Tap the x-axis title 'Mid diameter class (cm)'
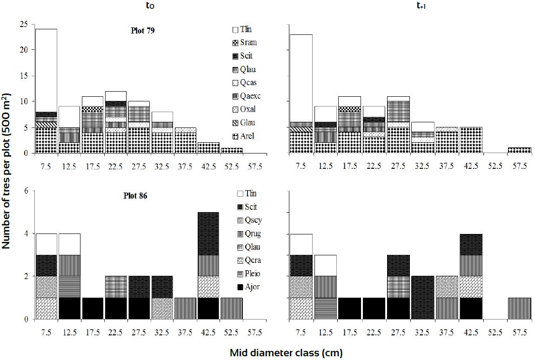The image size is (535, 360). point(286,353)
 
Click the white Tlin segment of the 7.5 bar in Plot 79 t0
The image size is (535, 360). point(46,70)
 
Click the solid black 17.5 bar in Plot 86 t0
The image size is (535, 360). point(93,309)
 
